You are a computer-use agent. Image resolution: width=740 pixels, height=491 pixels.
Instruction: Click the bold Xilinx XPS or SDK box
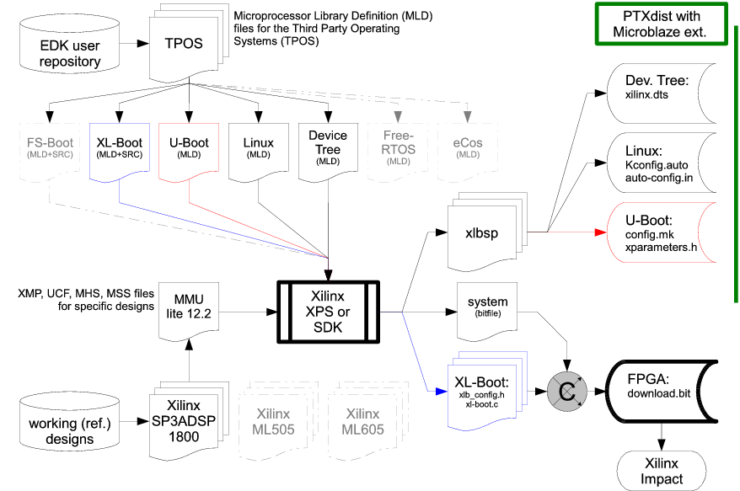click(x=328, y=311)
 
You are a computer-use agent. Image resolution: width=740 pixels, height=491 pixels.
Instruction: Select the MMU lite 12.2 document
click(x=188, y=310)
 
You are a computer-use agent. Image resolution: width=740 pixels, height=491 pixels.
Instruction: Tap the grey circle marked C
click(x=567, y=392)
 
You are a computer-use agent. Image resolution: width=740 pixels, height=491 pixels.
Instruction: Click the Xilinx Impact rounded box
click(x=662, y=470)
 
